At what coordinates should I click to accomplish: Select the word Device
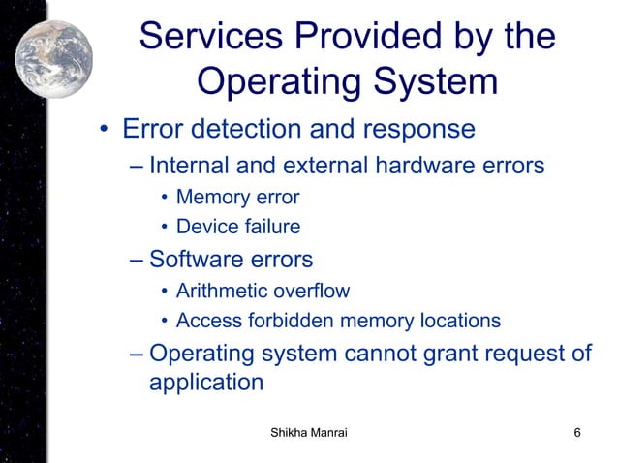pyautogui.click(x=201, y=228)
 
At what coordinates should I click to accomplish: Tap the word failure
pyautogui.click(x=266, y=228)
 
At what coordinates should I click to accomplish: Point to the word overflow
pyautogui.click(x=308, y=291)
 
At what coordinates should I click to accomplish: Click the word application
pyautogui.click(x=205, y=382)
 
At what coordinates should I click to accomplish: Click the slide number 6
pyautogui.click(x=577, y=432)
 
